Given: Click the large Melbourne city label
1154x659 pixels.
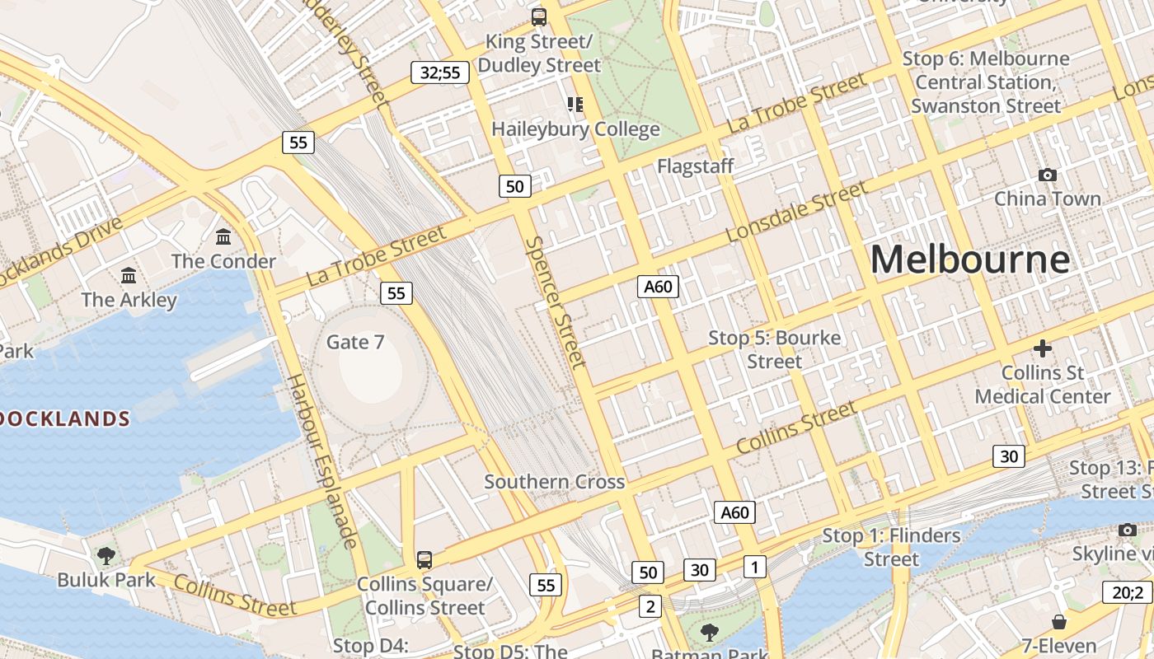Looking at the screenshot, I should [x=970, y=259].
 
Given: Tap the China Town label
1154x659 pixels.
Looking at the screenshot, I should [x=1047, y=199].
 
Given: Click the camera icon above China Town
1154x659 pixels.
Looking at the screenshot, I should [x=1048, y=175].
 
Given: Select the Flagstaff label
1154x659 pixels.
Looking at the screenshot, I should [x=695, y=166].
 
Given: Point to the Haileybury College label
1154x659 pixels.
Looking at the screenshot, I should [x=575, y=129].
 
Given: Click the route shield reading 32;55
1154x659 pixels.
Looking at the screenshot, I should [x=440, y=72].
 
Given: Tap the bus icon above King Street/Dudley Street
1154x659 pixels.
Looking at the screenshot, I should [x=539, y=16].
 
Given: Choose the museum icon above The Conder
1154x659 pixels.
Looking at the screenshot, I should [x=223, y=237].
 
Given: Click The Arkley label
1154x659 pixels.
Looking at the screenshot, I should [x=129, y=299].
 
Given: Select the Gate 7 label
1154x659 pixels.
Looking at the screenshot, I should [x=355, y=342].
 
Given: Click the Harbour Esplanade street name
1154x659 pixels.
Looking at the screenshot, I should [x=321, y=461].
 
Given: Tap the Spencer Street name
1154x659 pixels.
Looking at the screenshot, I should [x=556, y=302].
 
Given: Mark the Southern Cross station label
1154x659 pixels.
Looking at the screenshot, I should [x=554, y=482].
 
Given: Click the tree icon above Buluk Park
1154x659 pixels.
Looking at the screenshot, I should [x=106, y=556].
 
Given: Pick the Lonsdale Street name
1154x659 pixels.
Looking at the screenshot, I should [x=796, y=213].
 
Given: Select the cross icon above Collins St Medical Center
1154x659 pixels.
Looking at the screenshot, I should [x=1043, y=348].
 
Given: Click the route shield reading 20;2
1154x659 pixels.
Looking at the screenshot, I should [x=1127, y=591].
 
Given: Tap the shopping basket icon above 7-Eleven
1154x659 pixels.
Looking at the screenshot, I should [x=1059, y=622].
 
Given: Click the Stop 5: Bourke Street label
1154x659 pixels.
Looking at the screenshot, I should [x=775, y=349].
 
